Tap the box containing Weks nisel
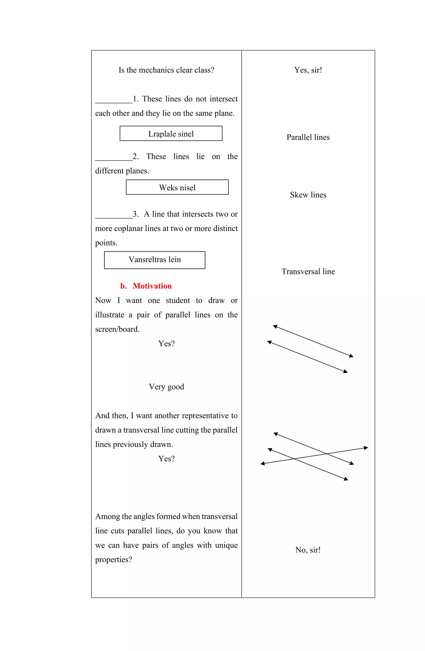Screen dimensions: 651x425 [x=177, y=187]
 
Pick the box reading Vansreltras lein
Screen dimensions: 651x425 [x=154, y=260]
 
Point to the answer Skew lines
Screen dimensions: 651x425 [x=308, y=195]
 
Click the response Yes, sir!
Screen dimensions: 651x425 [x=308, y=70]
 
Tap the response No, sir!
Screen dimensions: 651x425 [x=308, y=550]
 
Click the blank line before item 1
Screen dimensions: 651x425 [x=114, y=102]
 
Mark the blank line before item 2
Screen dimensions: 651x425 [x=114, y=160]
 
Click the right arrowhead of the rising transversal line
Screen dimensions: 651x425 [x=366, y=448]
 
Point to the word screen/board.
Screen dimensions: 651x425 [x=117, y=329]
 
